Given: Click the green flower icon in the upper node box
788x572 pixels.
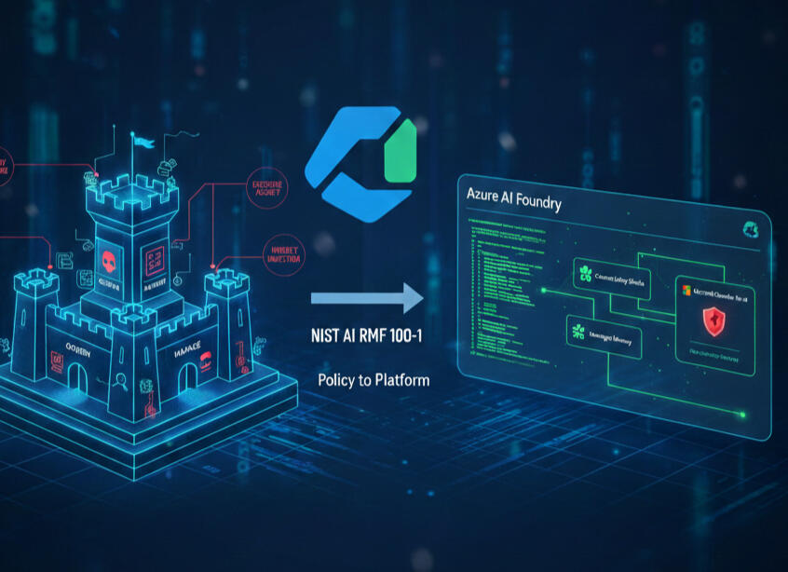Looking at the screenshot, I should pos(585,273).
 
